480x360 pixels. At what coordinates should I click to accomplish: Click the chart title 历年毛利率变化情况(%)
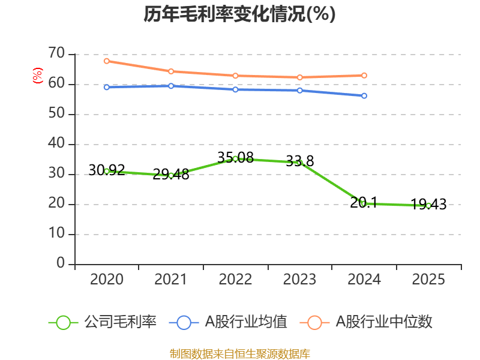tap(239, 14)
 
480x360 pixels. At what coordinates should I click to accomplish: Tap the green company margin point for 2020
tap(107, 171)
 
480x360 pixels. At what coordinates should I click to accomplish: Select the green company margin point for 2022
tap(235, 158)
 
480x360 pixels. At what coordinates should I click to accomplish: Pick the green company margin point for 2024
tap(364, 203)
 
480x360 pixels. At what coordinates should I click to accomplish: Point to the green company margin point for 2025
tap(428, 205)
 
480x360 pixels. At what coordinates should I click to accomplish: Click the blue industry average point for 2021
tap(171, 86)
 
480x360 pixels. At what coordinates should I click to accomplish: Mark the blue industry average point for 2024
tap(364, 95)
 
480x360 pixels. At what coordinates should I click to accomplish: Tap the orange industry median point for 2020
tap(107, 61)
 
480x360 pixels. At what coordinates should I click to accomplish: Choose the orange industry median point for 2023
tap(300, 77)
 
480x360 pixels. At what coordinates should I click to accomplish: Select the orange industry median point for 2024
tap(364, 75)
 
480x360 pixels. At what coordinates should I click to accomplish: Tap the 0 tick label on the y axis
tap(60, 263)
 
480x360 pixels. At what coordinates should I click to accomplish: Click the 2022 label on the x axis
tap(235, 280)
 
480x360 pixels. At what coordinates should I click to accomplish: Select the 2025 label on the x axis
tap(428, 280)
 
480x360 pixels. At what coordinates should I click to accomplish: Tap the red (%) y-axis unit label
tap(37, 76)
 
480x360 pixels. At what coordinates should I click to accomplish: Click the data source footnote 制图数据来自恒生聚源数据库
tap(239, 353)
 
